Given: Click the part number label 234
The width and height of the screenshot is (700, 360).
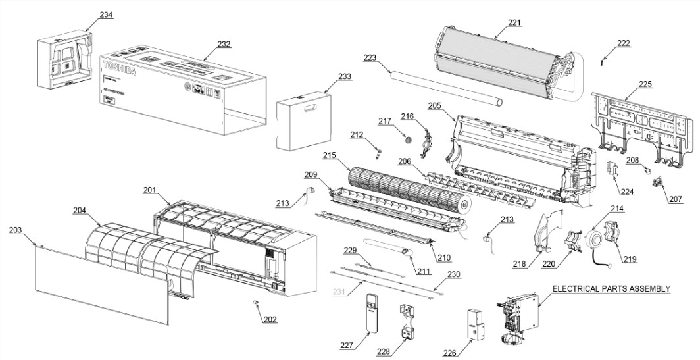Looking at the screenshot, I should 106,14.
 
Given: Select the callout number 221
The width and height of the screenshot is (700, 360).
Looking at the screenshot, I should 514,23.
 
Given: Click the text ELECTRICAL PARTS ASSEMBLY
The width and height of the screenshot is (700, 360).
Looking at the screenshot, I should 611,289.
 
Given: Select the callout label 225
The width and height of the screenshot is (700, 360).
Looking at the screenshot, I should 645,84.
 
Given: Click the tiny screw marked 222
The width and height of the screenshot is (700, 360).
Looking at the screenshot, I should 603,63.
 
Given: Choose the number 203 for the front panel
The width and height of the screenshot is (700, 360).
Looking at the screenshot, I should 15,230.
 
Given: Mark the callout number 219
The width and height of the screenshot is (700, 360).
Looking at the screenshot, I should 630,259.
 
